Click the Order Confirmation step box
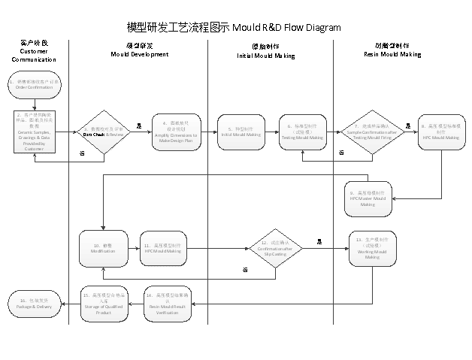click(34, 84)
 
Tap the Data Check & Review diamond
click(103, 132)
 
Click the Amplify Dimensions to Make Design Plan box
click(176, 132)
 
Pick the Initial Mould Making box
click(241, 132)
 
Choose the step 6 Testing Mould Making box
click(304, 132)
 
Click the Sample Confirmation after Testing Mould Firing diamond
click(372, 132)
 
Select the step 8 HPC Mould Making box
click(440, 132)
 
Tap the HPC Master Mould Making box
click(368, 198)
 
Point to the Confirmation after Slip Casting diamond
click(274, 248)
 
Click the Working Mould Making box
click(372, 248)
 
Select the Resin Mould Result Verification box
click(162, 304)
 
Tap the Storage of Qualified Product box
click(104, 304)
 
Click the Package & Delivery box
click(34, 304)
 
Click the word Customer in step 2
click(34, 150)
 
